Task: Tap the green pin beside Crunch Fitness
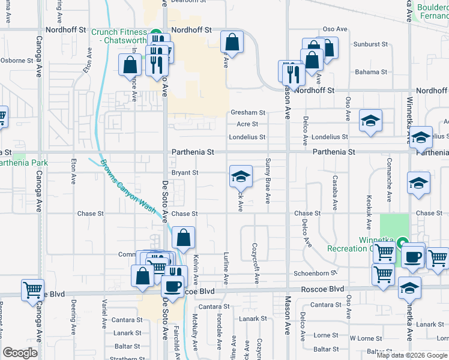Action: tap(155, 33)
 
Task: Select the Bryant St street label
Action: tap(185, 173)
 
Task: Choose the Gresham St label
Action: tap(247, 113)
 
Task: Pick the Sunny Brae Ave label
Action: tap(268, 181)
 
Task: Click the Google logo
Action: tap(20, 353)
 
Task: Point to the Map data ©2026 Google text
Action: tap(412, 355)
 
